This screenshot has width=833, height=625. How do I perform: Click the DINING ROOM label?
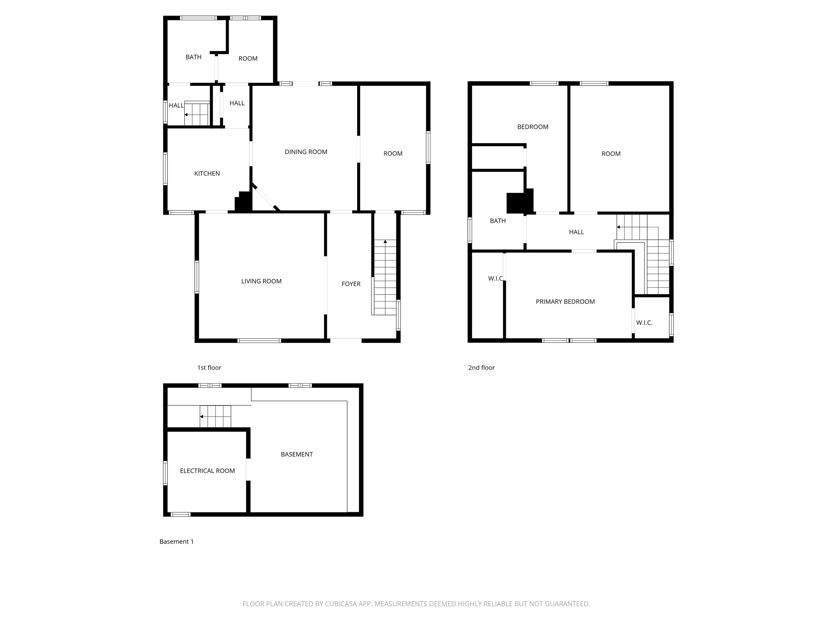(x=306, y=152)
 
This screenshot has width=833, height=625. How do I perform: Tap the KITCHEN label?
(x=207, y=173)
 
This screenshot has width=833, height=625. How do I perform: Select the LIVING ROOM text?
(x=261, y=281)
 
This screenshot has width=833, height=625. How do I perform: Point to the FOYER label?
(x=351, y=284)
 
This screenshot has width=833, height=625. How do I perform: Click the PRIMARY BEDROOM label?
(x=565, y=301)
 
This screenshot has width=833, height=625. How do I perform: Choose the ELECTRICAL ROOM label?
(x=207, y=471)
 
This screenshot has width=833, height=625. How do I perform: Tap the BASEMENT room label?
(x=297, y=454)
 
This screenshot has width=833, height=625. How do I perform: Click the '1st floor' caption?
(x=209, y=367)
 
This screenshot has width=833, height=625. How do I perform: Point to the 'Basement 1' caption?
(x=176, y=541)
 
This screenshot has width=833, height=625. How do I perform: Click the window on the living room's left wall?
(x=197, y=277)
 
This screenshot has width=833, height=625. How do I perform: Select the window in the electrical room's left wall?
(x=165, y=473)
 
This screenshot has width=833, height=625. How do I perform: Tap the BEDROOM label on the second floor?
(x=532, y=127)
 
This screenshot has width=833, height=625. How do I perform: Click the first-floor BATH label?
(x=193, y=57)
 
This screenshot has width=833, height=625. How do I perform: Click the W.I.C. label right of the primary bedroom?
(x=644, y=322)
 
